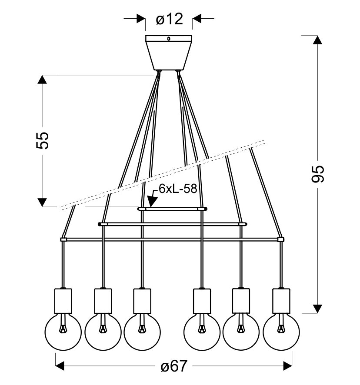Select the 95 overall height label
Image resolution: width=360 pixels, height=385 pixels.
(318, 174)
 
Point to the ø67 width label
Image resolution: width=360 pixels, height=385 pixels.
(173, 366)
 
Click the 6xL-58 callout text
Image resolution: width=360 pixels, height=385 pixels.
(172, 188)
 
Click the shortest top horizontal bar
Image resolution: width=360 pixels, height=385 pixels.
(172, 209)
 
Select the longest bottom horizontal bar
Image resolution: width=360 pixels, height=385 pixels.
(172, 239)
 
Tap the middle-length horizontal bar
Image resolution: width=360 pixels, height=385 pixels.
(172, 224)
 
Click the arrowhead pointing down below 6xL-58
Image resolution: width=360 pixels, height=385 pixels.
(152, 201)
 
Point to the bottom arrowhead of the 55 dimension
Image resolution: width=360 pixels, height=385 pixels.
(42, 202)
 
